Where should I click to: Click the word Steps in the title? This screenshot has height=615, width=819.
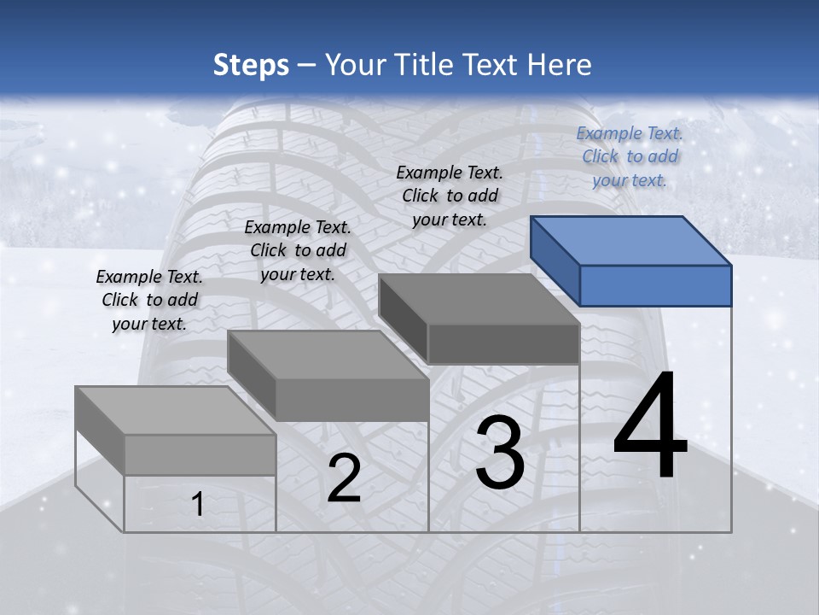(x=251, y=65)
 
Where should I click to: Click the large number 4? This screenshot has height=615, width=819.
(x=650, y=426)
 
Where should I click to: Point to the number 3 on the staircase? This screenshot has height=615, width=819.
(x=500, y=453)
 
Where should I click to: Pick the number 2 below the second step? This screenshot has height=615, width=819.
(x=344, y=479)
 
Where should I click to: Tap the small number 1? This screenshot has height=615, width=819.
(x=198, y=505)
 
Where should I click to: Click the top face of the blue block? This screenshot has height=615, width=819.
(x=631, y=240)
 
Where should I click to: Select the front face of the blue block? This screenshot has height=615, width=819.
(x=655, y=285)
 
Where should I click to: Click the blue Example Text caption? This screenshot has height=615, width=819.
(x=630, y=156)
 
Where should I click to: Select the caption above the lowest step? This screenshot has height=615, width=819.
(x=149, y=300)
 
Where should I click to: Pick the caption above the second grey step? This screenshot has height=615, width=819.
(x=298, y=250)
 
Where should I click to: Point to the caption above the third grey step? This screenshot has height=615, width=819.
(x=450, y=196)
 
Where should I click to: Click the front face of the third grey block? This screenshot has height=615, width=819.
(x=503, y=344)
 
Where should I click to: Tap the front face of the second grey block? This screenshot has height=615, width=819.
(x=351, y=400)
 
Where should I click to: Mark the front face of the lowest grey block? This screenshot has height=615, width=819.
(x=200, y=454)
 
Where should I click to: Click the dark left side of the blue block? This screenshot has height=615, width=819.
(x=555, y=260)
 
